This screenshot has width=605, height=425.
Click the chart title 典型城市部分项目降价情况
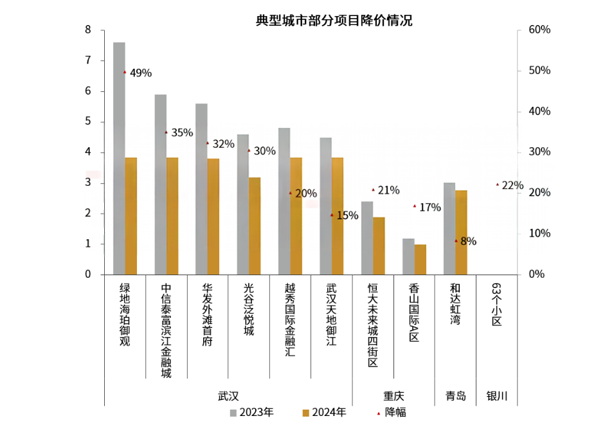[x=334, y=21]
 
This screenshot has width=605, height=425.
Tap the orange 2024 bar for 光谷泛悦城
[x=255, y=226]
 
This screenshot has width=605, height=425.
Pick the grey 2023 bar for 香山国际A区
[x=408, y=257]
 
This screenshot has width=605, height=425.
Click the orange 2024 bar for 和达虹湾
[x=461, y=232]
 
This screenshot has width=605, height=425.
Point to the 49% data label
[x=141, y=73]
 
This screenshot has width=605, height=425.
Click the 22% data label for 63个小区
[x=512, y=185]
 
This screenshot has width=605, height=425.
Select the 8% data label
[x=469, y=242]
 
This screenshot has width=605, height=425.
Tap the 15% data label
[x=347, y=215]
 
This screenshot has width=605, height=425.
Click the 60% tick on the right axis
[x=539, y=30]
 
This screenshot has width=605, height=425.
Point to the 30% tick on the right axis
[x=539, y=152]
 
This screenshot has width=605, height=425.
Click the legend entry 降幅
[x=395, y=412]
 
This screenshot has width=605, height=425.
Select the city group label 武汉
[x=228, y=396]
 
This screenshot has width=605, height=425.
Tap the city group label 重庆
[x=393, y=396]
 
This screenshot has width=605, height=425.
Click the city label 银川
[x=497, y=396]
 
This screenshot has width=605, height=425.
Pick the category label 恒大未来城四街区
[x=372, y=325]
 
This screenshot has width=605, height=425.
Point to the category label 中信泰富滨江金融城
[x=167, y=331]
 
